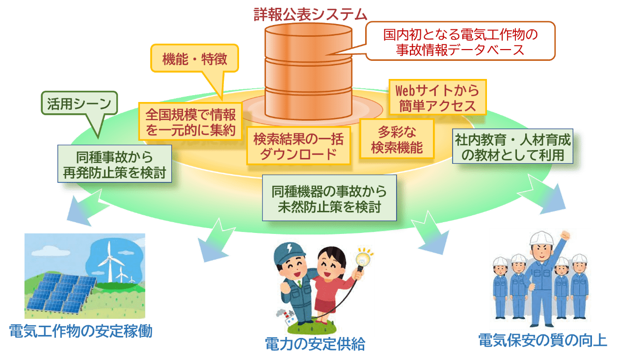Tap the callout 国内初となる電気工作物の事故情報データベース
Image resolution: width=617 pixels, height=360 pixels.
pos(460,42)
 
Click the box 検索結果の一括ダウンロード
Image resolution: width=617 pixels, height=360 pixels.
pos(298,146)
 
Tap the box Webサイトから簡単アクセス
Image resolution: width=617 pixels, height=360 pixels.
pos(437,98)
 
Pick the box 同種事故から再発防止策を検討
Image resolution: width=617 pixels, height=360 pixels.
pos(114,164)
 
